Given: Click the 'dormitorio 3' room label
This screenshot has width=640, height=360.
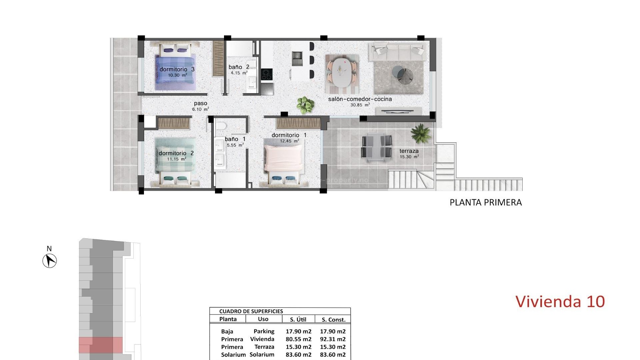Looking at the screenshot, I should (177, 69).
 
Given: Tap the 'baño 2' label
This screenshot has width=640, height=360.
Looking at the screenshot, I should (239, 67).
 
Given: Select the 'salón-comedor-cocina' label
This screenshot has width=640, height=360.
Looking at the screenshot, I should (360, 99).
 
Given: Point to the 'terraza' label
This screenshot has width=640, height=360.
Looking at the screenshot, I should (409, 151).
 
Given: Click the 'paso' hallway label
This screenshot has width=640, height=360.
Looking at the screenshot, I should (200, 103).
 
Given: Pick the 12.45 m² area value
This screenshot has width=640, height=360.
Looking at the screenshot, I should (289, 141).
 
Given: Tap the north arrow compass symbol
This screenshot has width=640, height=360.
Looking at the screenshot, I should (50, 260).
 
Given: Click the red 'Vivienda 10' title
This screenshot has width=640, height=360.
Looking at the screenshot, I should (560, 301).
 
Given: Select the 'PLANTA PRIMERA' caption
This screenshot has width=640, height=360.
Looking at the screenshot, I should (485, 202).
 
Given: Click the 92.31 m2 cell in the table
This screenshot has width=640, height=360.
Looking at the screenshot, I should (333, 339).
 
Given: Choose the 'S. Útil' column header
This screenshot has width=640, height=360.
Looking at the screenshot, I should (298, 319).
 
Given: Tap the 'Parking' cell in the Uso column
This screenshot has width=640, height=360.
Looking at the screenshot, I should (264, 331).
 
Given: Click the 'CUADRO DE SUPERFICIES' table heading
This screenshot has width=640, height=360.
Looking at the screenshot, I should (251, 311).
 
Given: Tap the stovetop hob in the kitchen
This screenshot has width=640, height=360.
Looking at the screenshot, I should (266, 74).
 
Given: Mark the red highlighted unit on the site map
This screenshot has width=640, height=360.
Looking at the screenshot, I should (101, 345).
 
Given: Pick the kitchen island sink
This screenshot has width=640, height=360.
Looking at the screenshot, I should (297, 59).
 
